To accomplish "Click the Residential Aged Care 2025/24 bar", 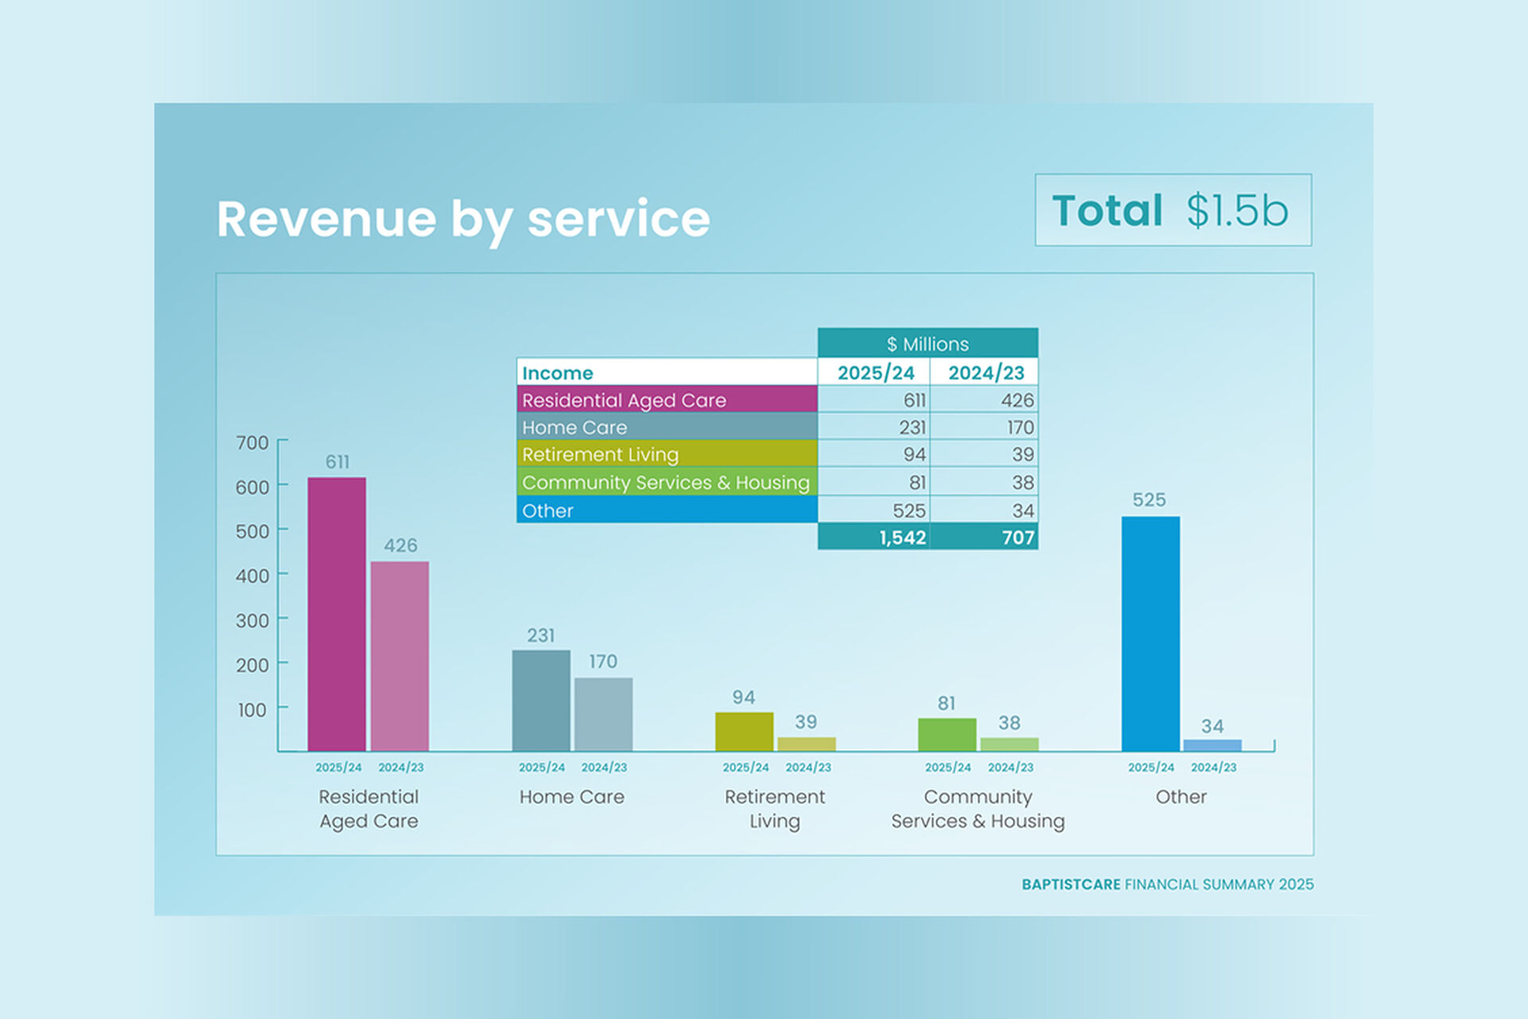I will pos(337,614).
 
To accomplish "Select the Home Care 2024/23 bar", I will pos(603,714).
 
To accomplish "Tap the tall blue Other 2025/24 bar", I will pos(1150,633).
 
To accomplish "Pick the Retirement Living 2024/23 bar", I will pos(806,744).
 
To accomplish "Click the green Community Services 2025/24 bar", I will pos(947,734).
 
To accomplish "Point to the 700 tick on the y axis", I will pos(252,443).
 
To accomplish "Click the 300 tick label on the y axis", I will pos(252,620).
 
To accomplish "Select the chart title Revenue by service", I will pos(463,219).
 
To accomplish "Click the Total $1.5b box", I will pos(1172,210).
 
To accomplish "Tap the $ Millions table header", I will pos(927,344).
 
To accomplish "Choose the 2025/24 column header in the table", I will pos(875,373).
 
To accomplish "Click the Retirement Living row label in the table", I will pos(667,455).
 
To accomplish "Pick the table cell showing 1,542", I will pos(875,537).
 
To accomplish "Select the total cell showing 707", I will pos(985,537).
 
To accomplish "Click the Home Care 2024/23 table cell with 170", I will pos(985,428).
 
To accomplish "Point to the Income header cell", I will pos(667,373).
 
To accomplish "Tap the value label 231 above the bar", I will pos(540,635).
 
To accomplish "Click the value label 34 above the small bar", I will pos(1212,726).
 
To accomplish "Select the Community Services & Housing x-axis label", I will pos(977,809).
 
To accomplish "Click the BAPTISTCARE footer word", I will pos(1070,884).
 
